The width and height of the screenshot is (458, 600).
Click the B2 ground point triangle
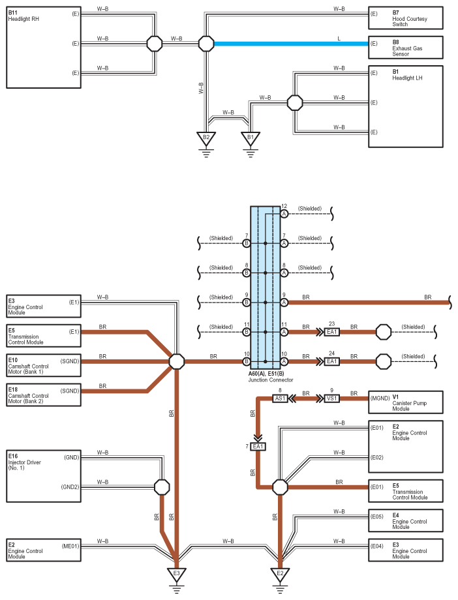click(x=206, y=138)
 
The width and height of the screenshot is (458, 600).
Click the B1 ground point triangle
click(x=251, y=138)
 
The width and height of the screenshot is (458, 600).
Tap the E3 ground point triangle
click(x=177, y=574)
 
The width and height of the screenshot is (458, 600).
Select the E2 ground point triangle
click(x=280, y=574)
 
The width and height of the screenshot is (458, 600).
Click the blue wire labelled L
click(x=291, y=44)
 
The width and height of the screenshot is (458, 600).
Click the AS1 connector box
click(x=280, y=398)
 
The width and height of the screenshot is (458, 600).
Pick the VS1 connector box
click(x=331, y=398)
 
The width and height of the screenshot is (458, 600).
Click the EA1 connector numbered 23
click(x=331, y=332)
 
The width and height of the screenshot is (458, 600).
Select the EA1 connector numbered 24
click(x=331, y=361)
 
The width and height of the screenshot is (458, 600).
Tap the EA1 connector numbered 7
click(x=258, y=447)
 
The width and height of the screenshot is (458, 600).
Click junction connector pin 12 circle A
click(x=284, y=214)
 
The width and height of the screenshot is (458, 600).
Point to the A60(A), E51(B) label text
click(x=267, y=374)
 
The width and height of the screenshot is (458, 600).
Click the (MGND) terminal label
click(x=380, y=398)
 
